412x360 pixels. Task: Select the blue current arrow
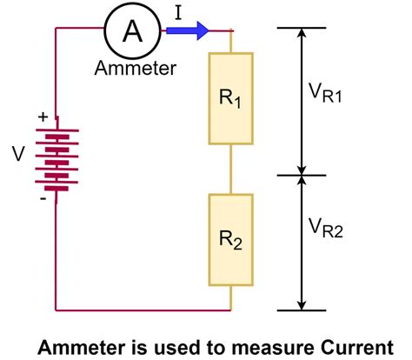tap(188, 30)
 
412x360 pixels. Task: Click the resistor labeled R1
tap(230, 98)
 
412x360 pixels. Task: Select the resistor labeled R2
tap(230, 240)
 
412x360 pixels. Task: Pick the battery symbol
tap(56, 156)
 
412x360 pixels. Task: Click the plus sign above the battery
tap(42, 116)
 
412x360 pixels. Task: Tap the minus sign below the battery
tap(42, 198)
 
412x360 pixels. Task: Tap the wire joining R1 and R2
tap(230, 170)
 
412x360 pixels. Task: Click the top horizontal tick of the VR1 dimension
tap(301, 28)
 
